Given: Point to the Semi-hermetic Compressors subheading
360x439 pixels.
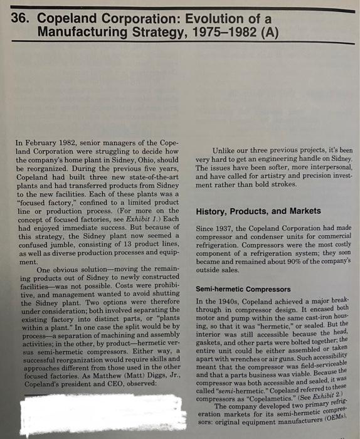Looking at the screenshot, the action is [243, 290].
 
